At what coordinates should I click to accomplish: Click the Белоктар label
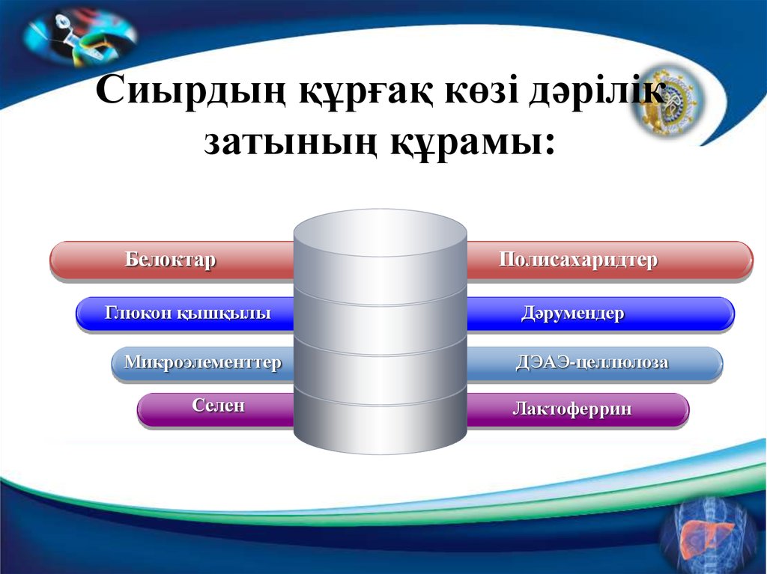pyautogui.click(x=170, y=260)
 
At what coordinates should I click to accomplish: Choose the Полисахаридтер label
pyautogui.click(x=578, y=260)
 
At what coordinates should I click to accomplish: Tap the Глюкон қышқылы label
pyautogui.click(x=187, y=313)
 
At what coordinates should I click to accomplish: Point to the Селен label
pyautogui.click(x=218, y=406)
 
